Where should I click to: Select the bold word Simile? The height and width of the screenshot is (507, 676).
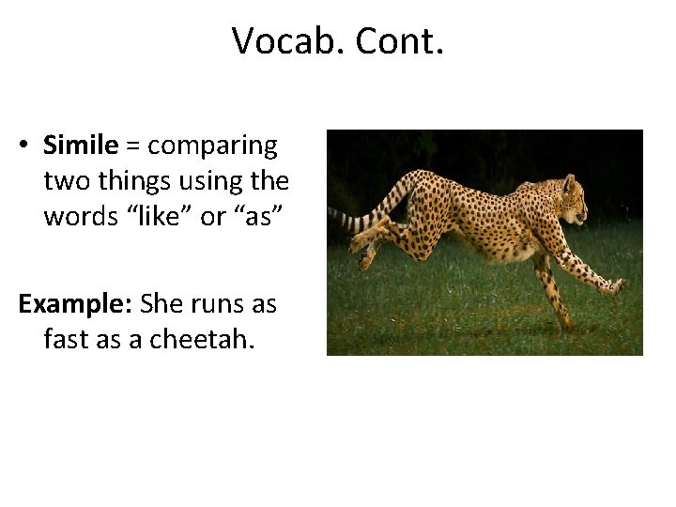(x=81, y=146)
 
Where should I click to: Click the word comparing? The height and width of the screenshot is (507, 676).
(x=213, y=146)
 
